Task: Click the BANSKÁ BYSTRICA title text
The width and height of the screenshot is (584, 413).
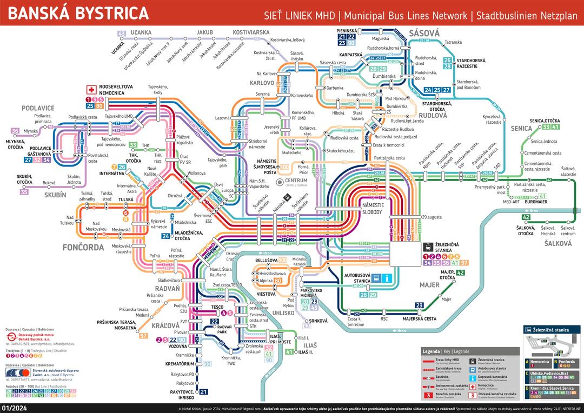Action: pos(78,13)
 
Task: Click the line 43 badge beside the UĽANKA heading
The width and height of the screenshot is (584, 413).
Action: pos(122,34)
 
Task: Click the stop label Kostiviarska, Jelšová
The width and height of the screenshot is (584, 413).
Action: pos(288,40)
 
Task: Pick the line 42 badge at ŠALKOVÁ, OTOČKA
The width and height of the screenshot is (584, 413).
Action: pos(526,217)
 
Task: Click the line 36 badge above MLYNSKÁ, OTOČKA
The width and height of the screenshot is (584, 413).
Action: pos(15,131)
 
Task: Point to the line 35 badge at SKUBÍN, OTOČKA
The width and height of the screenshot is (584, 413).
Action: pos(24,192)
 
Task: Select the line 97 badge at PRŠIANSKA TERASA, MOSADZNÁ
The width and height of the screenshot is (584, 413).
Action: pos(143,336)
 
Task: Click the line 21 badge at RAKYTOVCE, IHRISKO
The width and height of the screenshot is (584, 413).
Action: pos(204,392)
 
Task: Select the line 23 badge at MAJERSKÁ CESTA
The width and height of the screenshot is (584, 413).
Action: pos(419,305)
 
